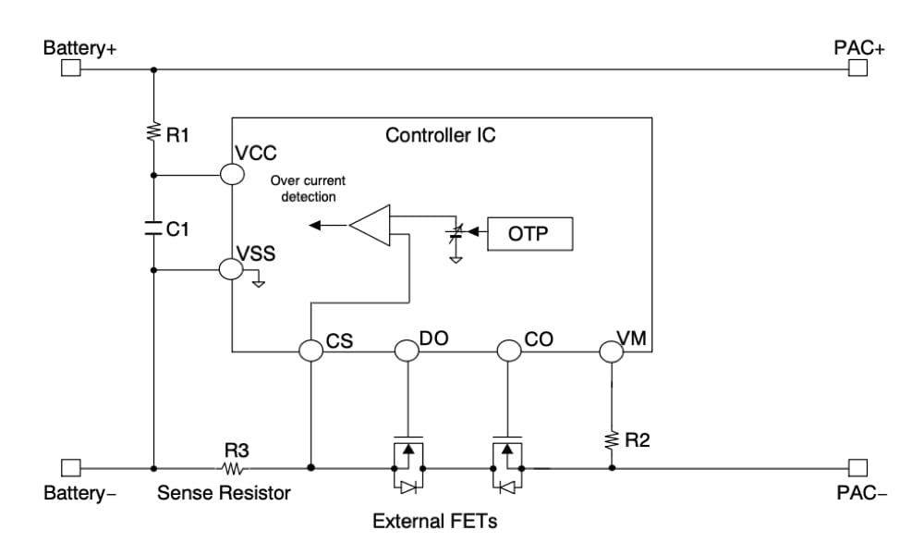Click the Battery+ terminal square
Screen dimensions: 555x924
(71, 69)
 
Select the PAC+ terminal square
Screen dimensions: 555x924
(858, 69)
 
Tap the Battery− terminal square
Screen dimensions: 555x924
(71, 467)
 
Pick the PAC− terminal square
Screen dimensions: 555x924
(858, 467)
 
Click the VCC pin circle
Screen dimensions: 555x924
(232, 173)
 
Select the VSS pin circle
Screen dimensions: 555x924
(232, 269)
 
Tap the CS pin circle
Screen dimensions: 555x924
(311, 351)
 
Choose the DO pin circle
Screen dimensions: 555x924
(407, 351)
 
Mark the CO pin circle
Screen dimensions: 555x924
(509, 351)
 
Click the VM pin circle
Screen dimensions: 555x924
(612, 351)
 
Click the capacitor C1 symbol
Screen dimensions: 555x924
(153, 228)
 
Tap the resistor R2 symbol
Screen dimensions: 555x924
(612, 439)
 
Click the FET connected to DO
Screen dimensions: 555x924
(407, 458)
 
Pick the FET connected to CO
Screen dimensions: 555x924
(509, 458)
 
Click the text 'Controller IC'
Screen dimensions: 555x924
(440, 135)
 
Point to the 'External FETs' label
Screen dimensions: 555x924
(434, 522)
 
